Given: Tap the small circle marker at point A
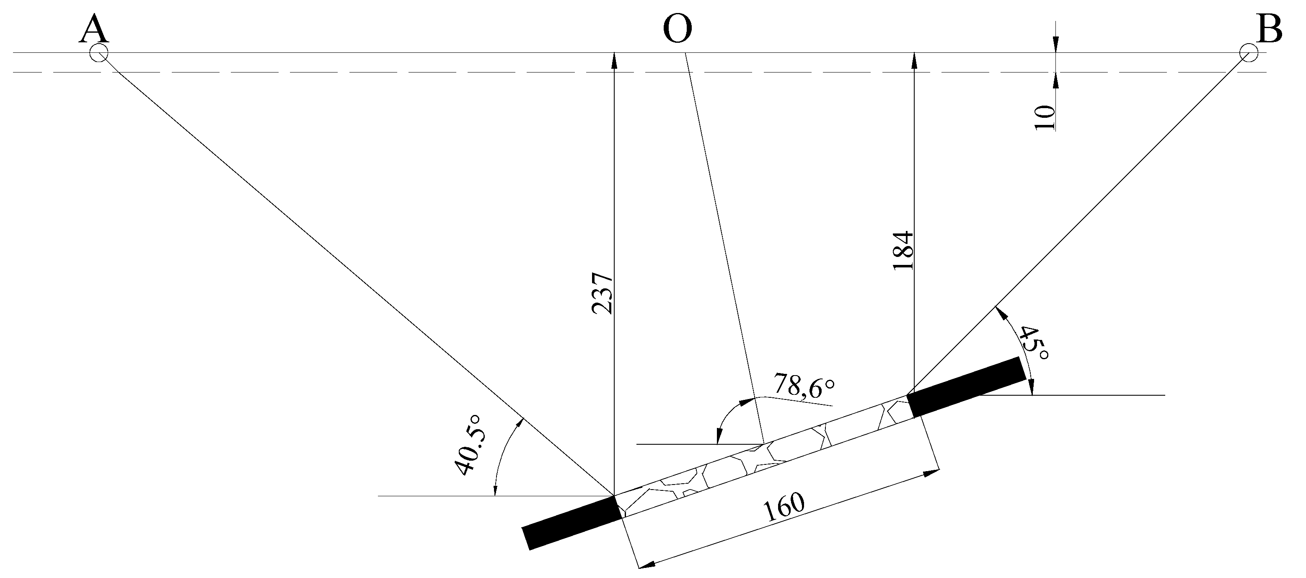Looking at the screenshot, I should tap(98, 53).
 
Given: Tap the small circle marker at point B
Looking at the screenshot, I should tap(1248, 52).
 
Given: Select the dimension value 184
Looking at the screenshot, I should tap(903, 251).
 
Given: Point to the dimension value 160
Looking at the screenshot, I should tap(784, 508).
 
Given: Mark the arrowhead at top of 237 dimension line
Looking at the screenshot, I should tap(614, 60).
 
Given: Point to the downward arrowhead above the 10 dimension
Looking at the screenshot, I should tap(1055, 46).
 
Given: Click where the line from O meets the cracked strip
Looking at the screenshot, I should tap(763, 443).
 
